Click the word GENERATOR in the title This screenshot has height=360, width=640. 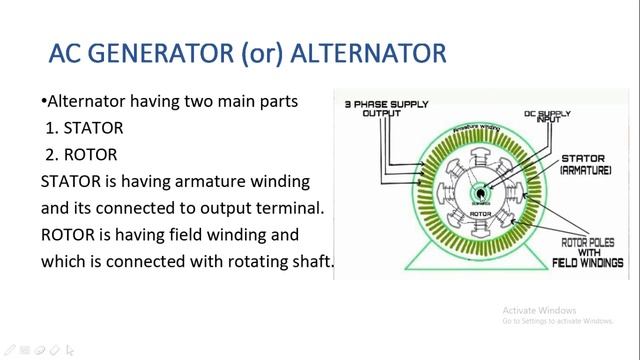click(x=164, y=52)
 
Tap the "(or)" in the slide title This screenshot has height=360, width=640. click(x=267, y=52)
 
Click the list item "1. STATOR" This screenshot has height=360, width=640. click(x=82, y=128)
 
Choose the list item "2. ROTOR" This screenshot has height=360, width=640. click(x=81, y=155)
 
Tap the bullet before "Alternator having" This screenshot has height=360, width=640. click(x=44, y=102)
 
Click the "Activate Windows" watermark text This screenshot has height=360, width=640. click(x=541, y=309)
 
